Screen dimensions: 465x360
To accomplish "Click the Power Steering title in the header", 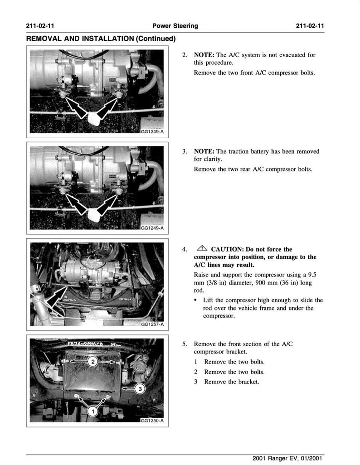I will coord(175,26).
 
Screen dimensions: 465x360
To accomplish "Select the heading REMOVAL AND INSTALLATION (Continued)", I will coord(101,39).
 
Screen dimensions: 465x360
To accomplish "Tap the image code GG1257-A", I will coord(152,325).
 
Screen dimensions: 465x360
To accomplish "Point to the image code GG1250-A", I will coord(152,421).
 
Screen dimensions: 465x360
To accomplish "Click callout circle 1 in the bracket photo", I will coord(92,411).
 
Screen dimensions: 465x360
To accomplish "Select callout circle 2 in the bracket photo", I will coord(92,362).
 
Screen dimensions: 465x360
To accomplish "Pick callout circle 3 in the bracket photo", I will coord(141,389).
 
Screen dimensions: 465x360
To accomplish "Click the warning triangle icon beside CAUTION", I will coord(202,249).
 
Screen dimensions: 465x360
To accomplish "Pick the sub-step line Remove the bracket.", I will coord(232,382).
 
